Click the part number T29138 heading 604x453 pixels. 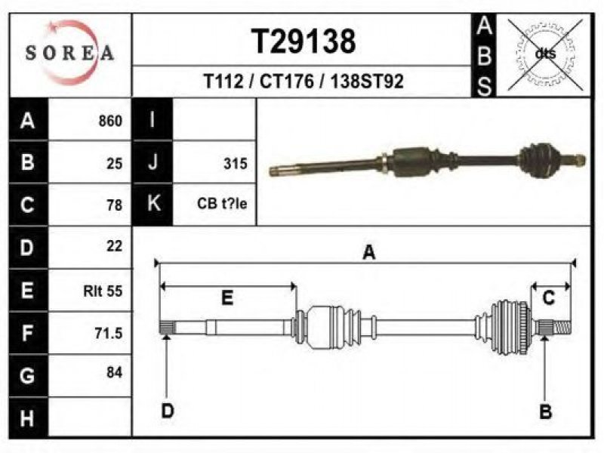coord(304,42)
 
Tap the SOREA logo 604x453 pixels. coord(70,52)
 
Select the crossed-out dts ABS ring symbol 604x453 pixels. coord(545,54)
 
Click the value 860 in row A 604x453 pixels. coord(110,121)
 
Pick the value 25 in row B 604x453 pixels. coord(115,164)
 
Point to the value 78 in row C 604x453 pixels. coord(115,205)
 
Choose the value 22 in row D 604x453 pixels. coord(115,246)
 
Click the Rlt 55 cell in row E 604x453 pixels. coord(103,291)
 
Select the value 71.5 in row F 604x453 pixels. coord(109,333)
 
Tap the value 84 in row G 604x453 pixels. coord(115,372)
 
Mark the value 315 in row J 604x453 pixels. coord(236,164)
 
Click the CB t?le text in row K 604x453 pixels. coord(222,203)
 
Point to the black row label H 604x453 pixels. coord(28,418)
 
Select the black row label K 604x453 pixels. coord(153,203)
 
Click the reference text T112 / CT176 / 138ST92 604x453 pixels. coord(304,82)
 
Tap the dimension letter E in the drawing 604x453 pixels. coord(227,297)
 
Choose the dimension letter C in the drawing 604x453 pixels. coord(549,297)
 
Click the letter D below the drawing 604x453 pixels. coord(168,411)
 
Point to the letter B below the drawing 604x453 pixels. coord(545,411)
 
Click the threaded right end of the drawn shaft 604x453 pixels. coord(562,328)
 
